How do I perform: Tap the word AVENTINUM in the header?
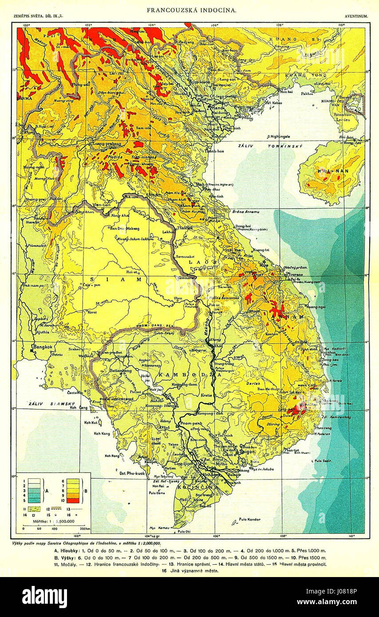(x=355, y=17)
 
